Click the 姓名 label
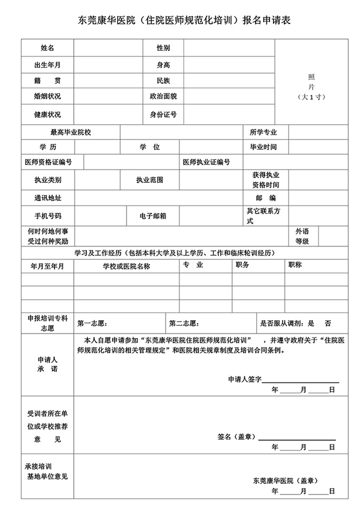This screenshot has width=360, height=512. pos(47,47)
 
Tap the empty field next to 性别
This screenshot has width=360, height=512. pos(228,47)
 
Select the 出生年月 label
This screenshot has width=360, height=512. pos(47,64)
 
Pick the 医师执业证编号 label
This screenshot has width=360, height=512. pos(206,162)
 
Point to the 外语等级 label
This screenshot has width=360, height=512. pos(302,236)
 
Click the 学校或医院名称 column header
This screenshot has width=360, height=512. pos(126,266)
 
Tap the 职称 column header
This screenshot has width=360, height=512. pos(295,264)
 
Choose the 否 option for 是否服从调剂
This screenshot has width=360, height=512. pos(328,323)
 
